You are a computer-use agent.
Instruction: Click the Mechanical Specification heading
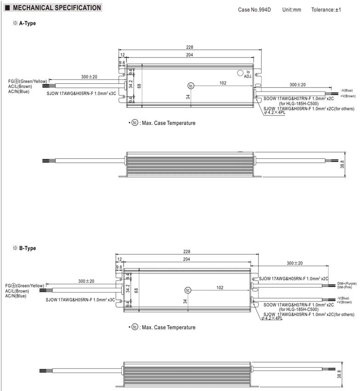[57, 8]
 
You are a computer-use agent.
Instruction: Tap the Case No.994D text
[254, 10]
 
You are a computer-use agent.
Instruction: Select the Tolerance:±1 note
[326, 10]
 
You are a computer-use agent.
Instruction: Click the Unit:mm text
[291, 10]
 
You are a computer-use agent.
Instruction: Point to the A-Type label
[28, 23]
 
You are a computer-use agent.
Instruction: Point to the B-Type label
[28, 248]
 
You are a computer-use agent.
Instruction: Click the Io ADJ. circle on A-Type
[240, 73]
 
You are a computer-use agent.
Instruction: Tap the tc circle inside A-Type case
[191, 86]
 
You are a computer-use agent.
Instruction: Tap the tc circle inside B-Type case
[188, 290]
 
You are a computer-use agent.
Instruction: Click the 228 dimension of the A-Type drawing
[190, 47]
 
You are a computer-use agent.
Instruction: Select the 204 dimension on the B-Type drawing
[187, 259]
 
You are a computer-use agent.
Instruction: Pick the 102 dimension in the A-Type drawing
[223, 83]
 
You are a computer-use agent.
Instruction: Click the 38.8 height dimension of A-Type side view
[342, 164]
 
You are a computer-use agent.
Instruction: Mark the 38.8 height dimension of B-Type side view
[339, 374]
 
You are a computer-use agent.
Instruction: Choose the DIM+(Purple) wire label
[347, 283]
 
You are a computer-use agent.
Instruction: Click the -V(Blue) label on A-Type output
[347, 91]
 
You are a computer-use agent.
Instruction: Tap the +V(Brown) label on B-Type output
[344, 302]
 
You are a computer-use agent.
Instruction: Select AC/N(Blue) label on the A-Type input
[19, 92]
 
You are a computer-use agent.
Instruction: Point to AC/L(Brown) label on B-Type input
[17, 291]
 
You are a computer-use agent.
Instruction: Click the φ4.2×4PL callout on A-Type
[275, 112]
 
